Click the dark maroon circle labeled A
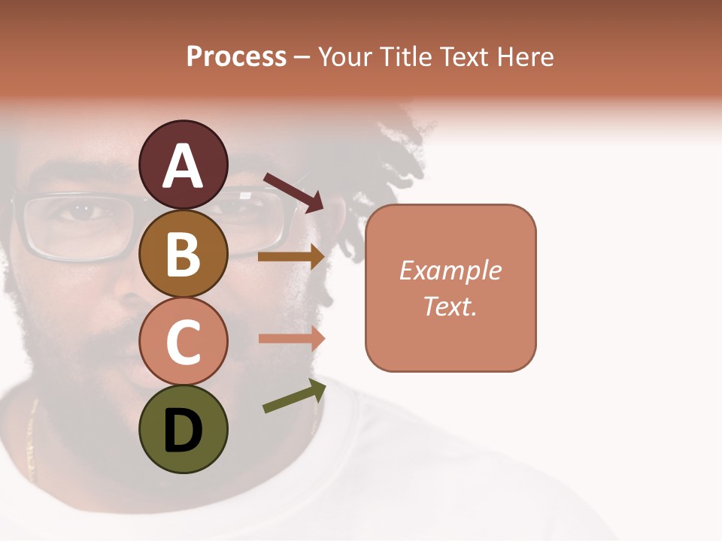(x=183, y=165)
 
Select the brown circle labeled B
(x=183, y=253)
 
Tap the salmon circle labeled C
(x=183, y=341)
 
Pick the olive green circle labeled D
(x=183, y=430)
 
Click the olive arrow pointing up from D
(x=294, y=397)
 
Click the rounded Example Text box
(x=450, y=288)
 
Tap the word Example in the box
(x=450, y=270)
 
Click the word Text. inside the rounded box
(x=450, y=307)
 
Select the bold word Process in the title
(x=236, y=57)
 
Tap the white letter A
(x=183, y=166)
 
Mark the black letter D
(x=183, y=431)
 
